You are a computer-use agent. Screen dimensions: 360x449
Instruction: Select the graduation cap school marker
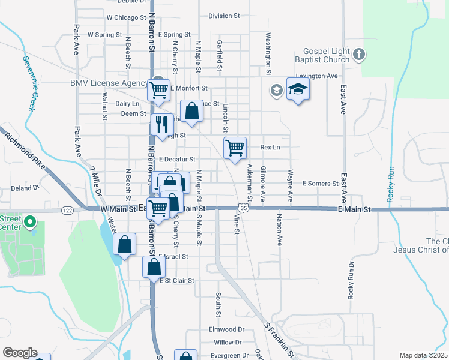(x=298, y=89)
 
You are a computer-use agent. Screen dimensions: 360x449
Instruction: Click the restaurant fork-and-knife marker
(x=161, y=124)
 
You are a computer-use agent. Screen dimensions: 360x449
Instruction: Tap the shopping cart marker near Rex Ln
(x=235, y=148)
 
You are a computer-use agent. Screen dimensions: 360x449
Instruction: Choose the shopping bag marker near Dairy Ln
(x=191, y=112)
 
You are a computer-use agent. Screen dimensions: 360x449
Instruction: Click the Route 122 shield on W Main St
(x=67, y=209)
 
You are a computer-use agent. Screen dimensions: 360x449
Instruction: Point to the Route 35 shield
(x=243, y=208)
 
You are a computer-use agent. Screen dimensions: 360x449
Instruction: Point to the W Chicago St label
(x=126, y=17)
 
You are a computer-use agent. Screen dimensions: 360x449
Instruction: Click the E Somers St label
(x=321, y=183)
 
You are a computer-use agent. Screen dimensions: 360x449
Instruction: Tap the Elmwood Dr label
(x=226, y=329)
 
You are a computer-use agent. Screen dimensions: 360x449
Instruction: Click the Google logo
(x=20, y=352)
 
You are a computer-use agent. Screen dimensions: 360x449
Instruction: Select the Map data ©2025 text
(x=423, y=355)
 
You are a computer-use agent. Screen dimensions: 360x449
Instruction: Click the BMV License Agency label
(x=109, y=83)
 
